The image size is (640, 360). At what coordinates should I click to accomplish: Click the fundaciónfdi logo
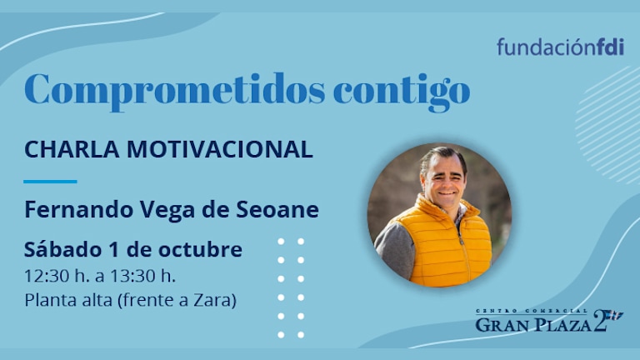[x=560, y=47]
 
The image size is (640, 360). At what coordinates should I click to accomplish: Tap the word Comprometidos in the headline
[x=175, y=91]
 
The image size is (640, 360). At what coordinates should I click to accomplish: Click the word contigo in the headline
[x=402, y=92]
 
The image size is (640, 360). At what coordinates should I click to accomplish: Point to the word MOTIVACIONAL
[x=220, y=149]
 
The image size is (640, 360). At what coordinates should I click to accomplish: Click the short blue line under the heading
[x=50, y=181]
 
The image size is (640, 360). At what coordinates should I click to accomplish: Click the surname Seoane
[x=277, y=209]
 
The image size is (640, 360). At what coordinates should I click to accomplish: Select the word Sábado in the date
[x=62, y=249]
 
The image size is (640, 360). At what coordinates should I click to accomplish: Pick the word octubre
[x=200, y=249]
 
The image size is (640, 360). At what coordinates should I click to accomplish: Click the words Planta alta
[x=68, y=300]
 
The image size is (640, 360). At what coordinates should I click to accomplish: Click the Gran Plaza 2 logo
[x=549, y=321]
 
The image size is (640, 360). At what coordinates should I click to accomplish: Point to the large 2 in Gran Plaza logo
[x=601, y=320]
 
